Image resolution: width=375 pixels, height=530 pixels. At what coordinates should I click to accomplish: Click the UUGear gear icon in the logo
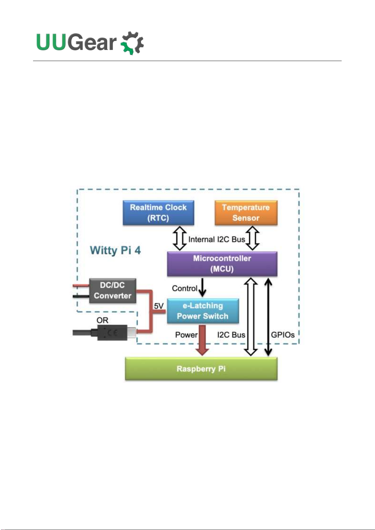tap(132, 43)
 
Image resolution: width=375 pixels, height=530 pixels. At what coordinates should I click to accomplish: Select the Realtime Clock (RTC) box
tap(158, 213)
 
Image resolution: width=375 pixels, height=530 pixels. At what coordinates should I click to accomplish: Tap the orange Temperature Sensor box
tap(246, 213)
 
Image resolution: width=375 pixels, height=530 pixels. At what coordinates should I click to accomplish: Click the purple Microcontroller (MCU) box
tap(222, 264)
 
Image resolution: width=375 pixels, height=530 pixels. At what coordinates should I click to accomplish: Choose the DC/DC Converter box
tap(112, 291)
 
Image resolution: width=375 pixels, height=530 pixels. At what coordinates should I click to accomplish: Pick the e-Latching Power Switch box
tap(203, 311)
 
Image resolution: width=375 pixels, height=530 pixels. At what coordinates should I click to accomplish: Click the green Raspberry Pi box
tap(201, 369)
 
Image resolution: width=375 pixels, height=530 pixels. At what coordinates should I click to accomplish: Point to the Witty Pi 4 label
tap(115, 250)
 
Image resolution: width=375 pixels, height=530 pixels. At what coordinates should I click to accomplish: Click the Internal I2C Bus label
tap(216, 239)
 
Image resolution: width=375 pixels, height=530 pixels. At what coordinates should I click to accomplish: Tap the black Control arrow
tap(203, 287)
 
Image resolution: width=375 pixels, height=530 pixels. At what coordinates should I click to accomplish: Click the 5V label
tap(159, 306)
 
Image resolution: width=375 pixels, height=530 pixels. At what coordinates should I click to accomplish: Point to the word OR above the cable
tap(102, 320)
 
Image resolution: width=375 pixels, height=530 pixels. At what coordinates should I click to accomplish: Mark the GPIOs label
tap(283, 335)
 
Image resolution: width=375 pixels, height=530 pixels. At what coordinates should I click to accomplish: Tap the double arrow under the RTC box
tap(180, 238)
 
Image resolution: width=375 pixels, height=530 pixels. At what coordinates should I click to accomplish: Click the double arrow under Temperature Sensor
tap(252, 238)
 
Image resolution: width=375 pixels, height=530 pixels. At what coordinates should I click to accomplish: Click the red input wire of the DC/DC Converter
tap(81, 286)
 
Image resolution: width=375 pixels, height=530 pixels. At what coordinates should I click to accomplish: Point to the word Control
tap(184, 288)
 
